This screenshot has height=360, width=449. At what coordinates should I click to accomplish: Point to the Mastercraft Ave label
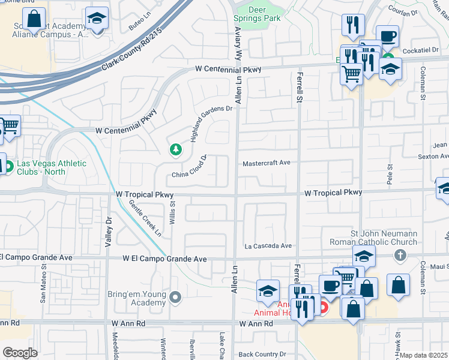pyautogui.click(x=266, y=163)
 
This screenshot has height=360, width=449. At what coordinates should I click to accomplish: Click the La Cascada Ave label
pyautogui.click(x=268, y=245)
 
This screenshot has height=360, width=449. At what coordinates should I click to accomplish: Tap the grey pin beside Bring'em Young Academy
pyautogui.click(x=175, y=296)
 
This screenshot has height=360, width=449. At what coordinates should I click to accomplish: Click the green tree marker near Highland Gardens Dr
pyautogui.click(x=175, y=149)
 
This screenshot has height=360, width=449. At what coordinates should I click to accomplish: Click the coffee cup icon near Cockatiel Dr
pyautogui.click(x=387, y=37)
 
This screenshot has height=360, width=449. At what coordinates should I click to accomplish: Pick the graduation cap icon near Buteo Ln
pyautogui.click(x=96, y=19)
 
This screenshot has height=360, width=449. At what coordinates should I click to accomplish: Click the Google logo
pyautogui.click(x=20, y=353)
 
